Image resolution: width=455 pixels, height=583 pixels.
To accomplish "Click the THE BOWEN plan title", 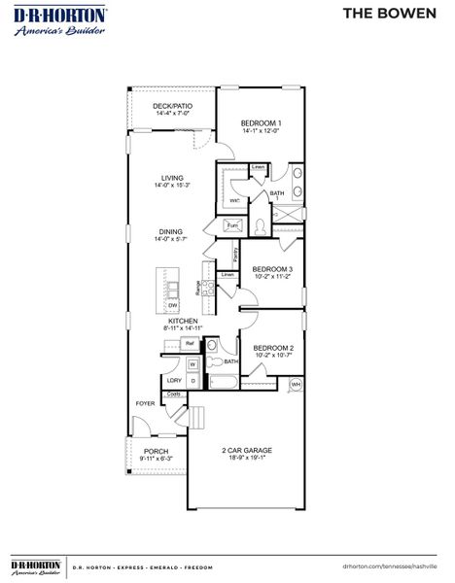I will pyautogui.click(x=394, y=13).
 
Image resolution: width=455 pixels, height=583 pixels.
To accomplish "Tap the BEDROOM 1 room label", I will pyautogui.click(x=262, y=122).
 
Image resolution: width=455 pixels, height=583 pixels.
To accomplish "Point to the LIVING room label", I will pyautogui.click(x=172, y=178).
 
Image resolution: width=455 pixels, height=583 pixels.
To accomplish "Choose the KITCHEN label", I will pyautogui.click(x=183, y=321).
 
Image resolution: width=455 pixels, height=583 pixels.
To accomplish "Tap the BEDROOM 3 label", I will pyautogui.click(x=272, y=269).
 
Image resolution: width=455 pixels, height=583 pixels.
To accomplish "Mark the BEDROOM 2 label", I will pyautogui.click(x=273, y=347).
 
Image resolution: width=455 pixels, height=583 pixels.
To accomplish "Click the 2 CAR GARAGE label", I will pyautogui.click(x=245, y=450).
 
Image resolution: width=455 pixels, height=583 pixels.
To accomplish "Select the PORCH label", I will pyautogui.click(x=156, y=452).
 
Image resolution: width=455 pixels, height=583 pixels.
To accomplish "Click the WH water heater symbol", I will pyautogui.click(x=297, y=384).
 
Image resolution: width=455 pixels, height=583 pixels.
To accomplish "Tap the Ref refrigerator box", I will pyautogui.click(x=191, y=344).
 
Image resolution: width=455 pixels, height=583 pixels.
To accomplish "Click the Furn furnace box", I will pyautogui.click(x=232, y=225).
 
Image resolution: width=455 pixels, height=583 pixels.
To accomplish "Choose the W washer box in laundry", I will pyautogui.click(x=192, y=363).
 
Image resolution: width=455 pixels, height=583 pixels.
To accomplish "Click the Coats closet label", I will pyautogui.click(x=174, y=394).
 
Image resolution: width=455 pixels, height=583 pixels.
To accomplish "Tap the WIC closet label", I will pyautogui.click(x=234, y=200).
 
